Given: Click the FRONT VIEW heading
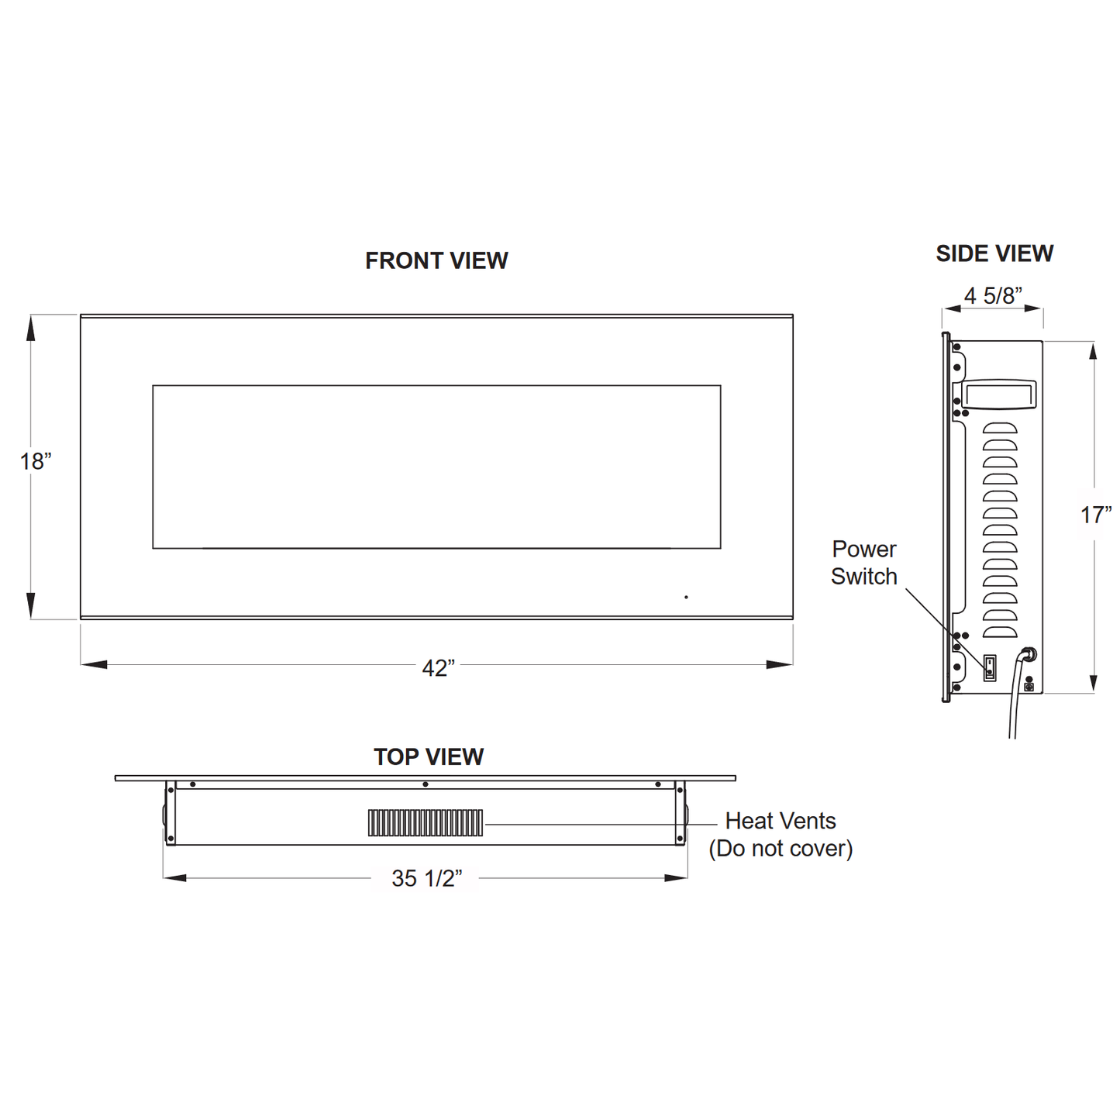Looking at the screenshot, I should (x=436, y=260).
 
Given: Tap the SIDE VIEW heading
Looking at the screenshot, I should (x=994, y=253).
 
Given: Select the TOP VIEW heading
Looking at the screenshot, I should (x=429, y=756).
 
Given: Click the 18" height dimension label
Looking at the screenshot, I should (x=36, y=461).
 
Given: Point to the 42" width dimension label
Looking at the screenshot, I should (x=438, y=667).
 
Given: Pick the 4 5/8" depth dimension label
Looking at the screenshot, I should (x=993, y=295).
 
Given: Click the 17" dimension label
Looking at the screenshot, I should (x=1096, y=515).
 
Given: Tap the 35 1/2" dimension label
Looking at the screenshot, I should (x=426, y=878).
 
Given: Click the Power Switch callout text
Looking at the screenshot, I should (x=863, y=563).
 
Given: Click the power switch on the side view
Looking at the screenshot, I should (x=990, y=667).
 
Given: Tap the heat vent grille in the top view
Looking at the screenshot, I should (x=426, y=822).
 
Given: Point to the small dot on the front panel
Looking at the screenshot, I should (x=686, y=597).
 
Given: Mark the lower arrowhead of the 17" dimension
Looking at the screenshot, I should (x=1093, y=682).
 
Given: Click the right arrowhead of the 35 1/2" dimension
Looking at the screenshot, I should (x=676, y=878).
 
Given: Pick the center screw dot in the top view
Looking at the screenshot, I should (x=426, y=784).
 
